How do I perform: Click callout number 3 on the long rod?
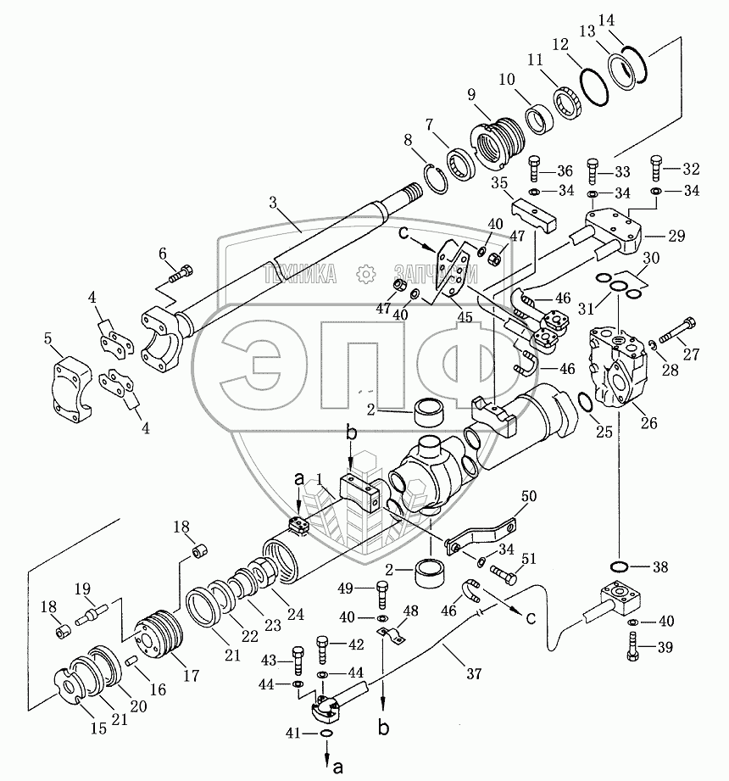[273, 204]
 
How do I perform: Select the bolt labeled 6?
[181, 274]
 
